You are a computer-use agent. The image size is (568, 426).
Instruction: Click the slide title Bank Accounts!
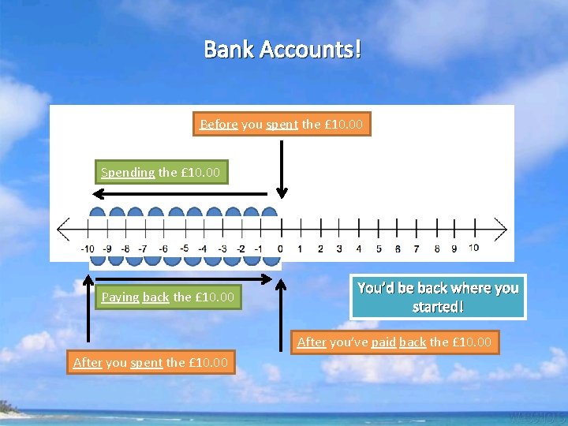pyautogui.click(x=283, y=50)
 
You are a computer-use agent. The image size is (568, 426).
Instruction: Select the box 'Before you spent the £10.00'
pyautogui.click(x=282, y=124)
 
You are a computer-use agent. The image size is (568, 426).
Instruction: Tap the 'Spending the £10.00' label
pyautogui.click(x=161, y=172)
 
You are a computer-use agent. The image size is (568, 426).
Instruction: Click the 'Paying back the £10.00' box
pyautogui.click(x=167, y=297)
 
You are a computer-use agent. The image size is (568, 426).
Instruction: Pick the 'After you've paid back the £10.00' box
pyautogui.click(x=394, y=342)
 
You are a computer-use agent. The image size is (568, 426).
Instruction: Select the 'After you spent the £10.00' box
pyautogui.click(x=150, y=363)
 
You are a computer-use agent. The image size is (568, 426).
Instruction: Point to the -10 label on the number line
pyautogui.click(x=88, y=248)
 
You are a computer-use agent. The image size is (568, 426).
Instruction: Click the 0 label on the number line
pyautogui.click(x=280, y=248)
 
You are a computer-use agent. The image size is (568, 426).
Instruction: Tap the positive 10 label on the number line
pyautogui.click(x=473, y=248)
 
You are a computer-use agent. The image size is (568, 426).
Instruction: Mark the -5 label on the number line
pyautogui.click(x=184, y=248)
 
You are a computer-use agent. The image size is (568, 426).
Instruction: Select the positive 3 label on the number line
pyautogui.click(x=338, y=248)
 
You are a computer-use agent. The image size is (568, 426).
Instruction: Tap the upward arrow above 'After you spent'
pyautogui.click(x=88, y=308)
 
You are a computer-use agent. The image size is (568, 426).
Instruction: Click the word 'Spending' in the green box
pyautogui.click(x=128, y=172)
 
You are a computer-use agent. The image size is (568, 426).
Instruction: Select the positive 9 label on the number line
pyautogui.click(x=454, y=248)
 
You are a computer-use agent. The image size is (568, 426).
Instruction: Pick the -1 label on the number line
pyautogui.click(x=260, y=248)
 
